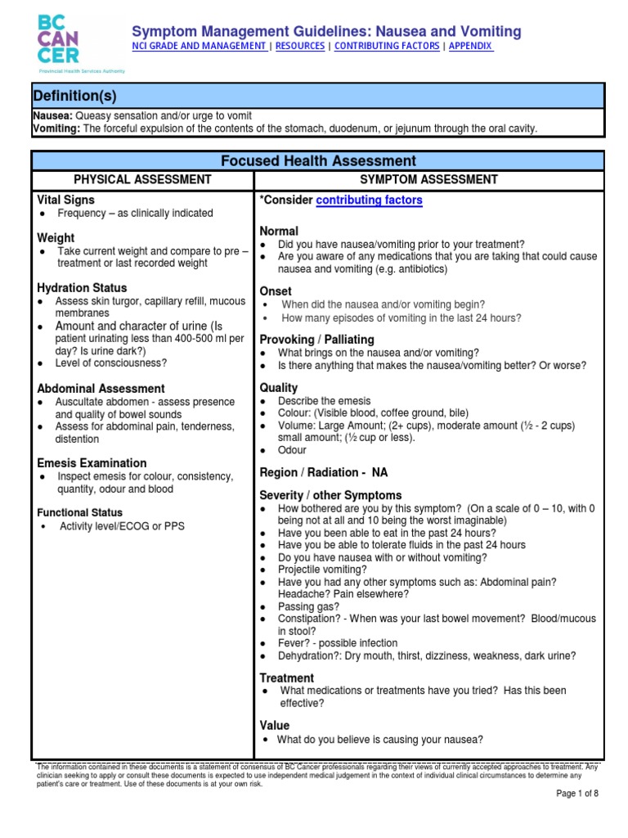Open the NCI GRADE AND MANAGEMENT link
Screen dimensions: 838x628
[x=199, y=47]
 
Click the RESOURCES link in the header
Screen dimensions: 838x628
[x=299, y=47]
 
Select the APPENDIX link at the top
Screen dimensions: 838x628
[x=471, y=47]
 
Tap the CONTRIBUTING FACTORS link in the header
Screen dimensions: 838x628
[x=387, y=47]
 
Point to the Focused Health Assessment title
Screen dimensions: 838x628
[x=317, y=161]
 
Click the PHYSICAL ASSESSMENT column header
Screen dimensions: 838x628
[x=142, y=179]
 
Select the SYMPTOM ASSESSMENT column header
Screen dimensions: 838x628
[x=430, y=179]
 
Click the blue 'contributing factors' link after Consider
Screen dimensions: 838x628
[x=369, y=200]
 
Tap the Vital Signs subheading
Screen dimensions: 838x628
[x=66, y=200]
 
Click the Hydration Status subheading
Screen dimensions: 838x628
[x=82, y=288]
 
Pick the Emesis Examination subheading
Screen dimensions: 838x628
[x=92, y=463]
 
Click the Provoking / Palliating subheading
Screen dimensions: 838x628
[x=316, y=339]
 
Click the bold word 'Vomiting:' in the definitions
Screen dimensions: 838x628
[x=56, y=128]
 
